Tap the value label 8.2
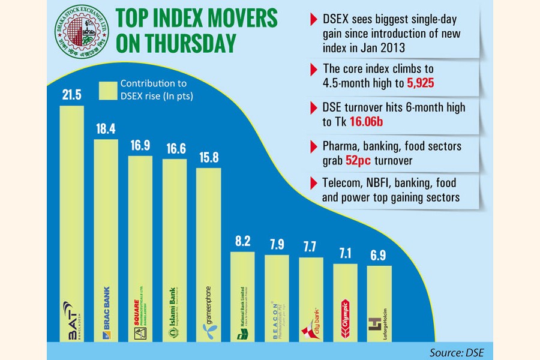pyautogui.click(x=242, y=241)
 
